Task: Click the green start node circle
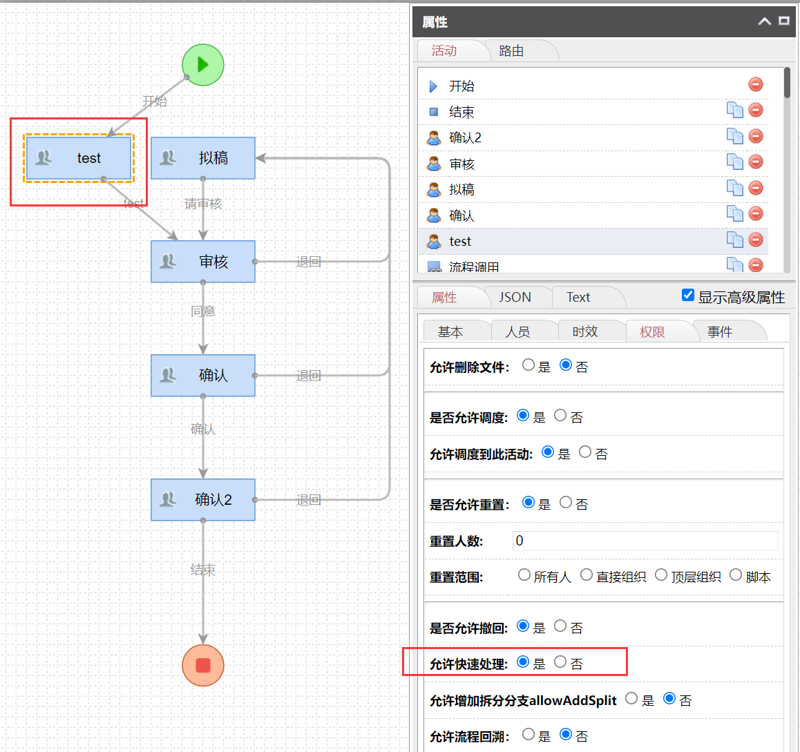click(x=202, y=65)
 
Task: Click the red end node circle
click(x=202, y=665)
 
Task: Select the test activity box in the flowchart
click(x=78, y=158)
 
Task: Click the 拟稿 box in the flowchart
click(x=202, y=158)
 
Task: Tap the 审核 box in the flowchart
click(x=202, y=262)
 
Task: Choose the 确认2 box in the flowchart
click(x=202, y=499)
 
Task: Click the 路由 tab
click(x=511, y=50)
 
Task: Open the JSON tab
click(x=515, y=297)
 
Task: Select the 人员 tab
click(x=517, y=331)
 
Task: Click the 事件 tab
click(x=720, y=331)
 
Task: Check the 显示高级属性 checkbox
click(x=688, y=295)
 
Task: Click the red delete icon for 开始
click(x=756, y=84)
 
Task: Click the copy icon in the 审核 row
click(x=734, y=162)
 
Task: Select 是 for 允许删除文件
click(x=528, y=365)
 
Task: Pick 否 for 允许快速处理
click(x=560, y=662)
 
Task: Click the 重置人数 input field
click(x=645, y=541)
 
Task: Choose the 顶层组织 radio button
click(x=661, y=575)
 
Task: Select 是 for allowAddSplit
click(x=631, y=698)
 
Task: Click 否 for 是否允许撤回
click(x=560, y=626)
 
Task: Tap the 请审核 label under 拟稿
click(x=203, y=204)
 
